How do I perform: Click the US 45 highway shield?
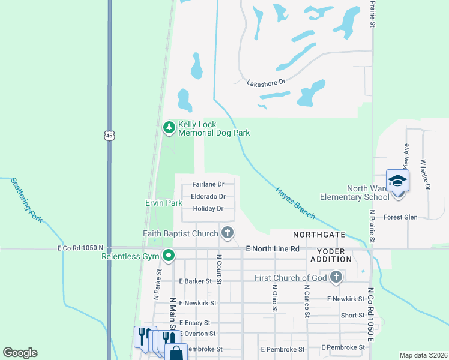pyautogui.click(x=109, y=136)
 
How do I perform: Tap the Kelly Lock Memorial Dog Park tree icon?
pyautogui.click(x=169, y=127)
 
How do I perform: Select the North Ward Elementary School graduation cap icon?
pyautogui.click(x=397, y=180)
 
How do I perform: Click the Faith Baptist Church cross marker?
pyautogui.click(x=227, y=233)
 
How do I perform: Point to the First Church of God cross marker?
pyautogui.click(x=336, y=277)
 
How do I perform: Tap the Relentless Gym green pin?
pyautogui.click(x=169, y=256)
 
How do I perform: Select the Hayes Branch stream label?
pyautogui.click(x=295, y=201)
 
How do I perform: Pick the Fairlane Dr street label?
pyautogui.click(x=208, y=184)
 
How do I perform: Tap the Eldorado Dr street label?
pyautogui.click(x=208, y=196)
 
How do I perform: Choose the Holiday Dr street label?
pyautogui.click(x=208, y=209)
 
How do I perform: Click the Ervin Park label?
pyautogui.click(x=164, y=203)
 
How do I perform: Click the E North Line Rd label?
pyautogui.click(x=273, y=248)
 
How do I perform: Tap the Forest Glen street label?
pyautogui.click(x=400, y=217)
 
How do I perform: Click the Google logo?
pyautogui.click(x=20, y=353)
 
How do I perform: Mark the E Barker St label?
pyautogui.click(x=196, y=281)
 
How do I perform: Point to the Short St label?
pyautogui.click(x=352, y=315)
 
